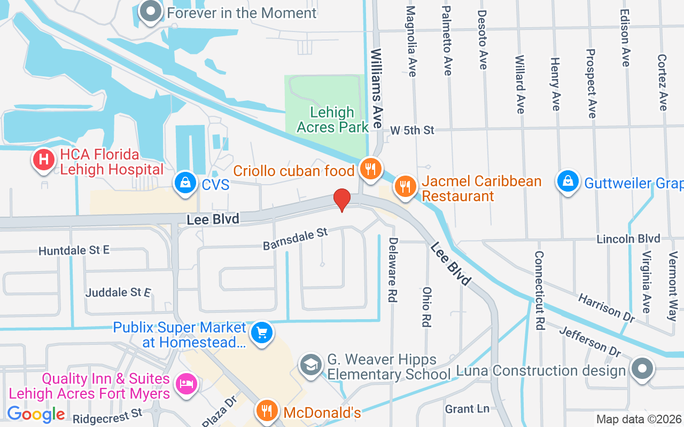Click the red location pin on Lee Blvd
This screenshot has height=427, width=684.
342,200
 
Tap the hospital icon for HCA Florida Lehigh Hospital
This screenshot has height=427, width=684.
44,160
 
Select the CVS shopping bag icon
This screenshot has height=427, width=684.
185,183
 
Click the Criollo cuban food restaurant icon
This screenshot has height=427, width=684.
369,169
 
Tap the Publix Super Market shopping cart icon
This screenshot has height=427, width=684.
262,333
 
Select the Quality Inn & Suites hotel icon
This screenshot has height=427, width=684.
186,384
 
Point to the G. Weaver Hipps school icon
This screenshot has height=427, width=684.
310,365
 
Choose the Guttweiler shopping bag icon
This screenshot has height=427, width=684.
568,181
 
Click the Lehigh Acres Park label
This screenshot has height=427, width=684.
333,120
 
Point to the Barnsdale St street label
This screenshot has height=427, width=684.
295,239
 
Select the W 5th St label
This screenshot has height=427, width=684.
412,130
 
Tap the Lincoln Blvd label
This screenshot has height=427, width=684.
628,239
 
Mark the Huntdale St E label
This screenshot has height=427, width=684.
74,250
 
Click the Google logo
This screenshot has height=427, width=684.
36,414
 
